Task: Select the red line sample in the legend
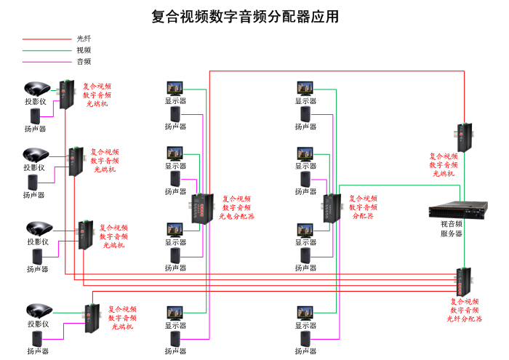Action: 44,39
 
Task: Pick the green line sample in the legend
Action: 44,51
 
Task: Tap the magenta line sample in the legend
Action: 44,63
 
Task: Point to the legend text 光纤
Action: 84,39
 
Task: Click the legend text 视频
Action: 84,50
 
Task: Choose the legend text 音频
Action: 84,62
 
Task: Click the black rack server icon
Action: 451,211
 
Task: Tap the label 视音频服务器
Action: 451,228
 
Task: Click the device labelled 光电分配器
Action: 201,209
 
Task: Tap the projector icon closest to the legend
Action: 35,89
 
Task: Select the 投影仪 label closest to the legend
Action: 35,102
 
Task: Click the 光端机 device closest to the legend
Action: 66,94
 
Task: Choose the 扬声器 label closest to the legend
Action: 35,129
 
